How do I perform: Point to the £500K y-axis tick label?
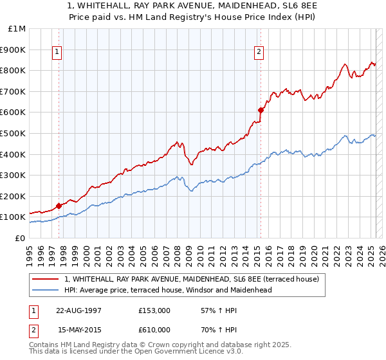[13, 133]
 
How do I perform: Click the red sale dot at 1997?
[59, 206]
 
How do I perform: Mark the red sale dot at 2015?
[261, 110]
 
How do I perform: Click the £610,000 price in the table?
[154, 330]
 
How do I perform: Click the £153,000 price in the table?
[154, 311]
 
